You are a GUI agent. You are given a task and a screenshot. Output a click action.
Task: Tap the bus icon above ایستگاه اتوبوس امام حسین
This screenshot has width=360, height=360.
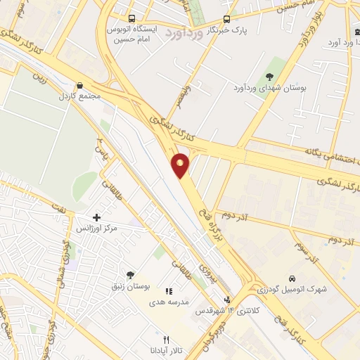coord(131,19)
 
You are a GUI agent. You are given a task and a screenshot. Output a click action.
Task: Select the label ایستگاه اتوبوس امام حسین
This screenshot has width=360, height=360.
coord(132,35)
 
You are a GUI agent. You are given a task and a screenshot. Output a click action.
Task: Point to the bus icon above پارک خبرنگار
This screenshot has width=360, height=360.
coord(226,19)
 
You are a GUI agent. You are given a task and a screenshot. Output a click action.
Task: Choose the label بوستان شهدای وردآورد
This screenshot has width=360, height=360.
coord(270,89)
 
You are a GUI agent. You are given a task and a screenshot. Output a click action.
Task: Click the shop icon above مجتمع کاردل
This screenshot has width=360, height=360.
coord(79,85)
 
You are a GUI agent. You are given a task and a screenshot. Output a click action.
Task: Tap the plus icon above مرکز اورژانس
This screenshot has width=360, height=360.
coord(96,217)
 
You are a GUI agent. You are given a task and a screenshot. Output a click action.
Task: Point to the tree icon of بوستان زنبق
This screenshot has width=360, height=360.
coord(130,275)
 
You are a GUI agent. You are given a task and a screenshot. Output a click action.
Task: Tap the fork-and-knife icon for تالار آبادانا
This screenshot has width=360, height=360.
coord(166,338)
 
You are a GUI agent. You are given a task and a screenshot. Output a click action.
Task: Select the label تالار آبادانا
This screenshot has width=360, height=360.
coord(167,350)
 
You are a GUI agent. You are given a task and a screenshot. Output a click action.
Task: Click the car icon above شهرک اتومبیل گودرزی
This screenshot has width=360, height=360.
coord(292,278)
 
